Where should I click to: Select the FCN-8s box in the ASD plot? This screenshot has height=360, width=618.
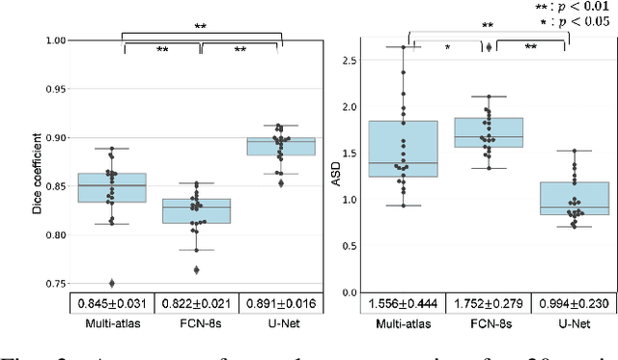[x=488, y=132]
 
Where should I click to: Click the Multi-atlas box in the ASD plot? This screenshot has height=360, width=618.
[x=404, y=149]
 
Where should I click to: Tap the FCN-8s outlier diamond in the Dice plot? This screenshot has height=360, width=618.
[x=197, y=270]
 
